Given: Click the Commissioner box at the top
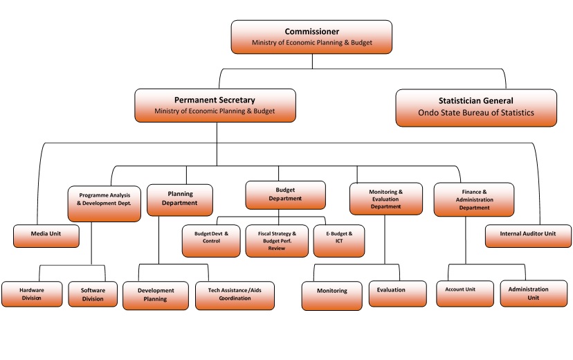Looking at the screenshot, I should click(311, 37).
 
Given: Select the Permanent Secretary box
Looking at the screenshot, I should click(215, 105).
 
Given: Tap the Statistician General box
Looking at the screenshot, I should click(475, 107).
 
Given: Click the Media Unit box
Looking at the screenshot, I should click(46, 235).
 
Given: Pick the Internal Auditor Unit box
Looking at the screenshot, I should click(528, 235).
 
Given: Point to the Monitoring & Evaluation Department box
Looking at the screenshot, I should click(385, 199).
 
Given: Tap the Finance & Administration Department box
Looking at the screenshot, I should click(473, 199).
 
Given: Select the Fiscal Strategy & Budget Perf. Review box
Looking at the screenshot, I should click(275, 241).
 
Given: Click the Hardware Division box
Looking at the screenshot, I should click(31, 294).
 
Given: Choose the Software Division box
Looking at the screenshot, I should click(92, 294).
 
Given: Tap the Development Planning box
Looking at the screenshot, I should click(156, 295).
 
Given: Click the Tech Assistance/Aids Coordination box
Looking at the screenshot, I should click(234, 294).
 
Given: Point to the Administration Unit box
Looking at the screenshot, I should click(528, 294).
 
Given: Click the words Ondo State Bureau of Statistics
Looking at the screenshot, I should click(475, 113).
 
